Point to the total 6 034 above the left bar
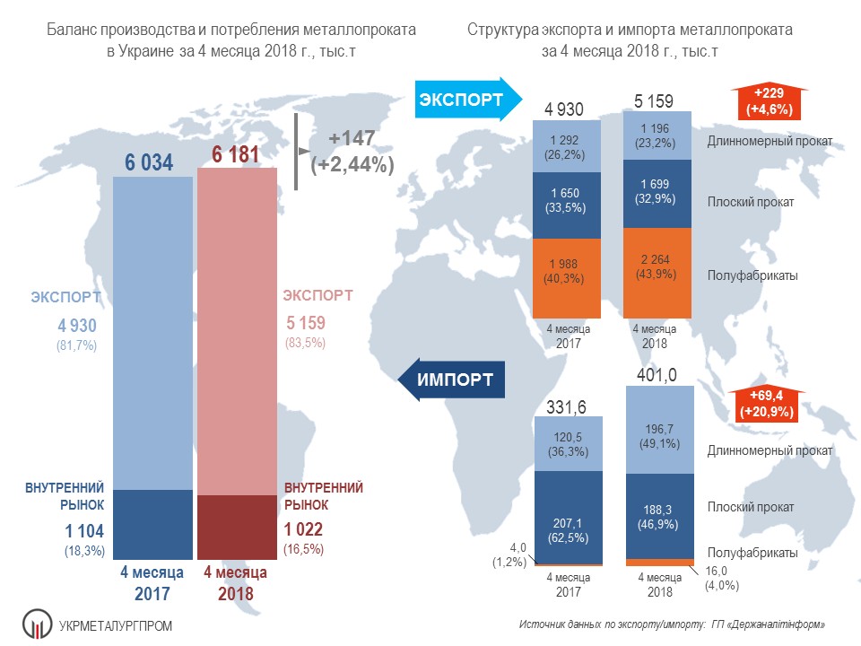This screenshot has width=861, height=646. point(149,162)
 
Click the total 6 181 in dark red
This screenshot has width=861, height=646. point(235,155)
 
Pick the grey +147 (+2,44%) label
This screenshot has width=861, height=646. point(352,152)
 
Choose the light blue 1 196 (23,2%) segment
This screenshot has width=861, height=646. point(658,135)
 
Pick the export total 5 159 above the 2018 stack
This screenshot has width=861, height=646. point(653,101)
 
